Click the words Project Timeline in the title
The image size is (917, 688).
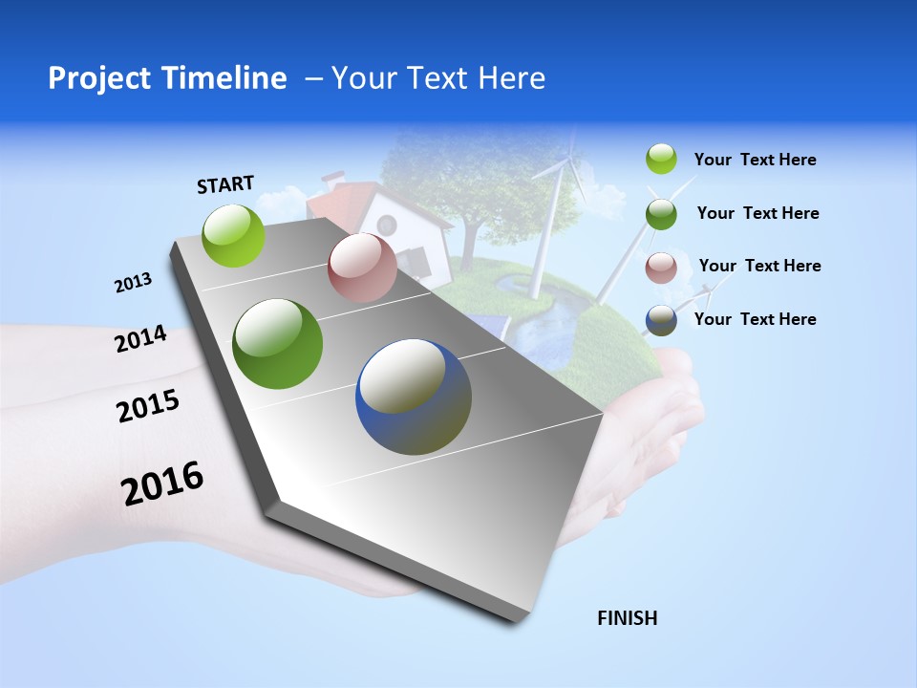coord(167,78)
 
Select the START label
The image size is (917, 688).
coord(225,184)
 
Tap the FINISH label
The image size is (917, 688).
coord(628,618)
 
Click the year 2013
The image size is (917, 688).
coord(133,283)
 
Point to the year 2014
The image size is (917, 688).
coord(140,339)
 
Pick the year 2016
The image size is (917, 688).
coord(162,484)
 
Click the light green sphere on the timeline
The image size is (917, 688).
coord(234,235)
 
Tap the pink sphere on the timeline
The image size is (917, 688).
coord(362,268)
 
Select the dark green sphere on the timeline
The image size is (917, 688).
coord(278,344)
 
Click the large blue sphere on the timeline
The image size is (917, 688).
coord(414,397)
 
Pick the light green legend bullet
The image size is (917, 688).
coord(661,159)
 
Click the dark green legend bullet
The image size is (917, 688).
coord(661,214)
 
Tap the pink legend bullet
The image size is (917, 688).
coord(661,268)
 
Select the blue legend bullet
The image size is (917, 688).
coord(661,320)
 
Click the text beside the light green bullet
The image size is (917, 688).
coord(755,160)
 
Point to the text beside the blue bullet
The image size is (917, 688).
coord(755,319)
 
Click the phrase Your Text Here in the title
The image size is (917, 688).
coord(438,78)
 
